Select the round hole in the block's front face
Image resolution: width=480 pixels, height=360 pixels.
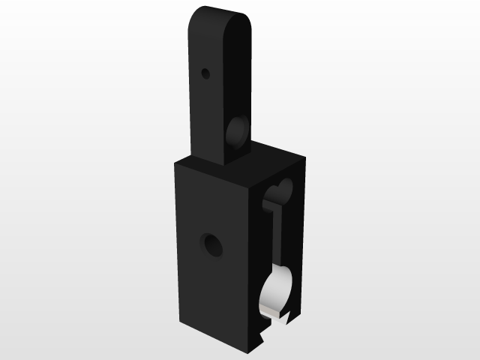(x=213, y=244)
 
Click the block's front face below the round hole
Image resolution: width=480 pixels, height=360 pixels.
(x=213, y=300)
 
